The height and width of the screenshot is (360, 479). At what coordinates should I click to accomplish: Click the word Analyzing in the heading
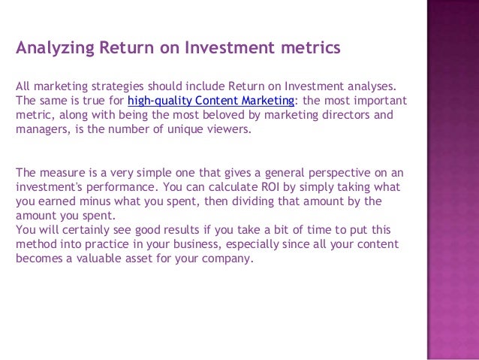(x=53, y=49)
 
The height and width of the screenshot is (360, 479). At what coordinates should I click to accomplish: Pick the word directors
(x=345, y=115)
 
